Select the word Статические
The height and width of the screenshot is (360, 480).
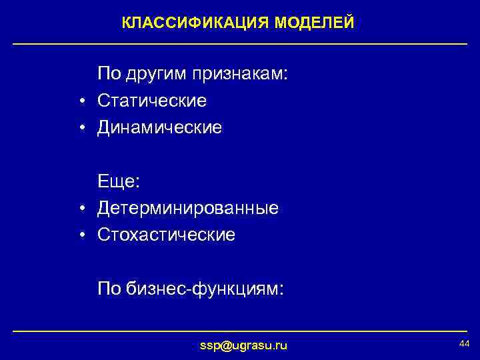coord(152,101)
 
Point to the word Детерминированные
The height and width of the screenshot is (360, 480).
coord(188,209)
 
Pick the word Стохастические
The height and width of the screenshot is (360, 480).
coord(166,235)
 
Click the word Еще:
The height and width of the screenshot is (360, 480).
coord(119,181)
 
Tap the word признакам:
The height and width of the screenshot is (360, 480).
coord(241,74)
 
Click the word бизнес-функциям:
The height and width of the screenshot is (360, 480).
coord(205,289)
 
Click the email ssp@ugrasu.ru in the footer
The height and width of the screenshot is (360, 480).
coord(244,345)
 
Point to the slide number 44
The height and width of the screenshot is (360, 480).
coord(464,343)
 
